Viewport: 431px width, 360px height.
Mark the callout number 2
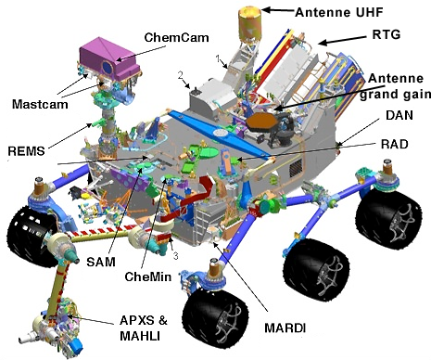[184, 74]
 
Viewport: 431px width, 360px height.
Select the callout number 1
[220, 58]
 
